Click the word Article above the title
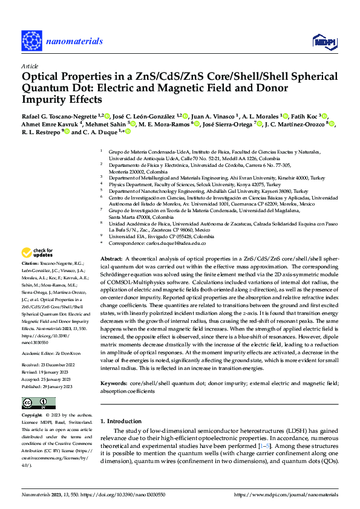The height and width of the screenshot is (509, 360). coord(30,66)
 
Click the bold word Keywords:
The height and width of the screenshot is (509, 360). coord(115,384)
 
